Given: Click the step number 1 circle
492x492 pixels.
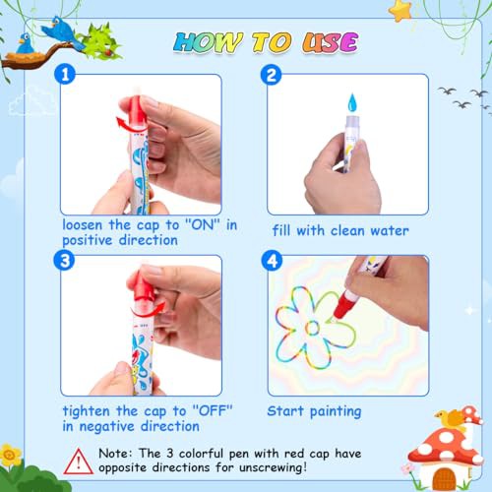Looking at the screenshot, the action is click(x=65, y=74).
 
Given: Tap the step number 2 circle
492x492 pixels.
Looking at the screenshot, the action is click(x=271, y=75).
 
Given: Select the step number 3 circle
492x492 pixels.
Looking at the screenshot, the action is click(x=65, y=260).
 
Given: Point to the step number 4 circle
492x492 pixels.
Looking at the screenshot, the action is click(x=272, y=261).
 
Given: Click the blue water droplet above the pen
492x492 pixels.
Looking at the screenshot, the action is click(x=352, y=102).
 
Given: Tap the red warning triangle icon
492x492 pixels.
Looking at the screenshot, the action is click(x=78, y=461).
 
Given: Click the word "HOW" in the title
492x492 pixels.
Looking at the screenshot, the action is click(x=208, y=42).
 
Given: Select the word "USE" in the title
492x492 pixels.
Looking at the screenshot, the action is click(x=330, y=42).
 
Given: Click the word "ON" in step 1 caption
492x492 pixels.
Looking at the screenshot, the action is click(x=203, y=225).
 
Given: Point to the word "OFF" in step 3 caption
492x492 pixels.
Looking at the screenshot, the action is click(x=213, y=410).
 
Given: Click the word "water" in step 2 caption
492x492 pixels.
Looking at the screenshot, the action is click(x=390, y=230).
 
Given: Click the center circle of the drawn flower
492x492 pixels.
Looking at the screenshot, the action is click(x=312, y=328).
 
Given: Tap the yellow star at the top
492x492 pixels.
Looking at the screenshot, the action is click(x=400, y=11).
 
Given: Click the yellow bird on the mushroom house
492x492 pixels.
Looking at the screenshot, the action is click(x=450, y=418).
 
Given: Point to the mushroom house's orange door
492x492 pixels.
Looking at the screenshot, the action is click(x=444, y=478).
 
